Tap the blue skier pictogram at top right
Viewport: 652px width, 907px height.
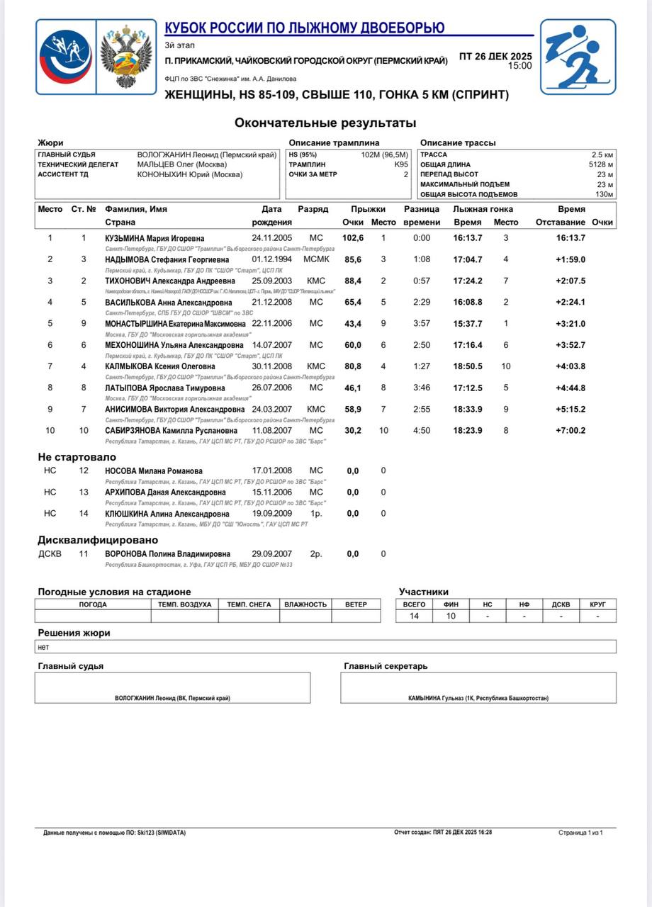pyautogui.click(x=577, y=57)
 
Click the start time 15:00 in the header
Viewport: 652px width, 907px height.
pyautogui.click(x=519, y=66)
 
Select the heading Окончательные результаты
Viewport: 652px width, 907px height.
pyautogui.click(x=325, y=123)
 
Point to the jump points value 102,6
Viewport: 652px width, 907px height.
pyautogui.click(x=352, y=238)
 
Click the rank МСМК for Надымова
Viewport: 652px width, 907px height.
pyautogui.click(x=316, y=259)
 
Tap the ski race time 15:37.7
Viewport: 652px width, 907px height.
pyautogui.click(x=468, y=324)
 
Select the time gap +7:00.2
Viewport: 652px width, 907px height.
pyautogui.click(x=570, y=431)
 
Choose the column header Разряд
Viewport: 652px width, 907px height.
pyautogui.click(x=313, y=209)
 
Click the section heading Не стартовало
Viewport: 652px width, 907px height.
pyautogui.click(x=77, y=458)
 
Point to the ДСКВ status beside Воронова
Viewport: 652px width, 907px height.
pyautogui.click(x=50, y=554)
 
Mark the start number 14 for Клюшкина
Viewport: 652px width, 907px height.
pyautogui.click(x=84, y=514)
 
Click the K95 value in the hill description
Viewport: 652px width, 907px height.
pyautogui.click(x=401, y=164)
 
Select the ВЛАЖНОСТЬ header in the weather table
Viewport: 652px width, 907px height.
pyautogui.click(x=305, y=604)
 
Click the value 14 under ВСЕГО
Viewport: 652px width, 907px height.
pyautogui.click(x=414, y=616)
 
